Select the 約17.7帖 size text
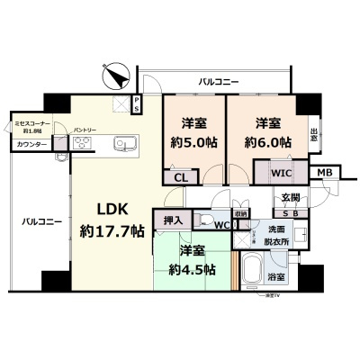click(x=111, y=231)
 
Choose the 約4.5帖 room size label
click(x=192, y=269)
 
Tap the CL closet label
click(x=181, y=178)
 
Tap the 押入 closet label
click(x=174, y=219)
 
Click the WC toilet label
click(x=221, y=224)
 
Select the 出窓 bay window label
click(x=314, y=135)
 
